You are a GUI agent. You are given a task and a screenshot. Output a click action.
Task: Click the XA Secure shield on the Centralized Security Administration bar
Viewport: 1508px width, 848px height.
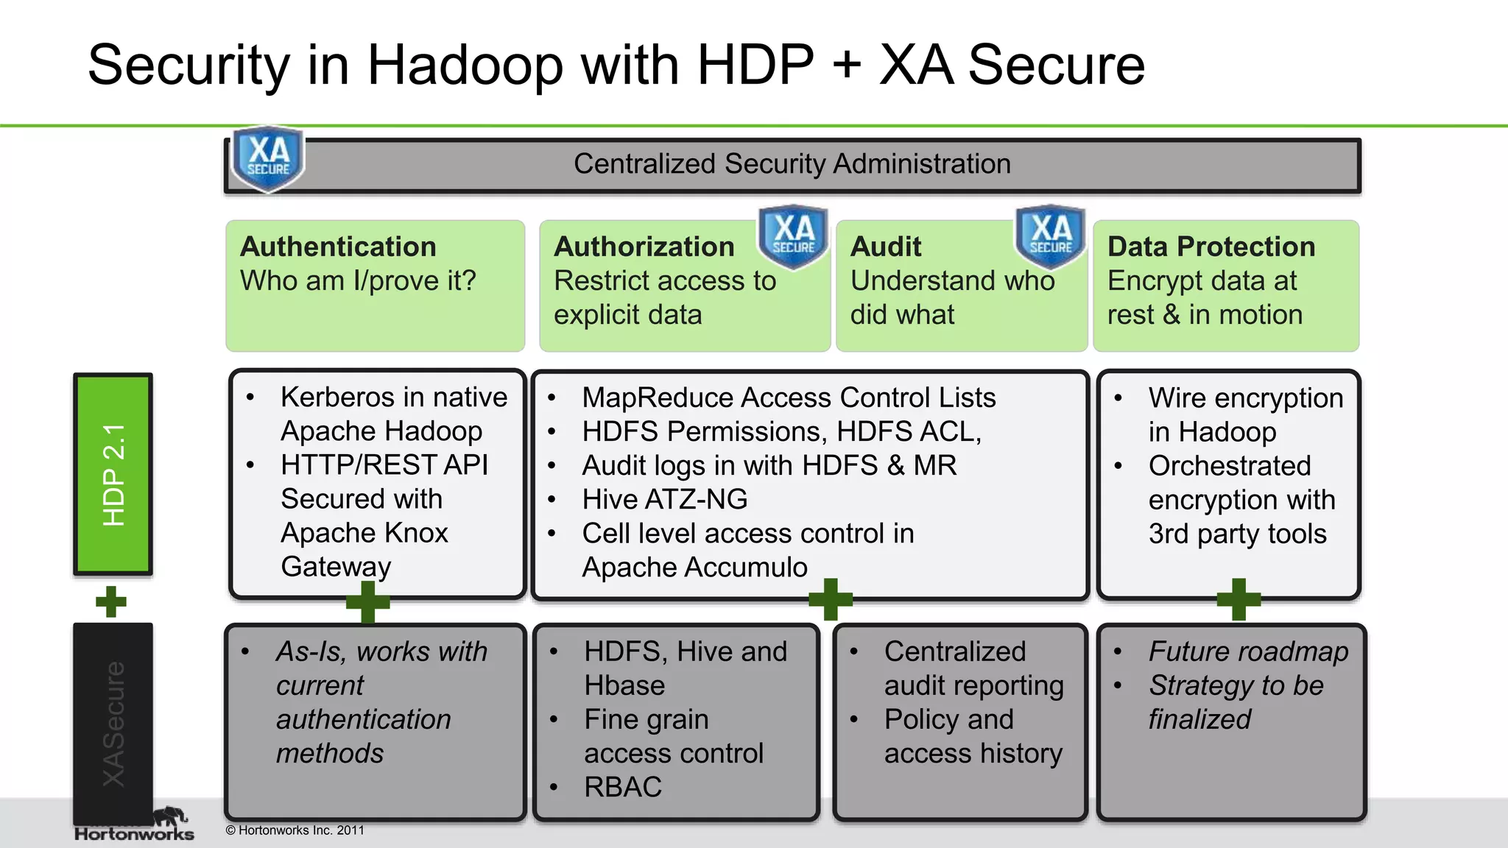[268, 159]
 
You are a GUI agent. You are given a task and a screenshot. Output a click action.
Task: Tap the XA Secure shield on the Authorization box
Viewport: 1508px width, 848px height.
[794, 236]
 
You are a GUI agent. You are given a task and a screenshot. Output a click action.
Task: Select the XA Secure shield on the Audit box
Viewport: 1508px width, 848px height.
[1051, 236]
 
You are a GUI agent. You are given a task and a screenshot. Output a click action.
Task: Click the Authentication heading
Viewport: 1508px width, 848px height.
[338, 247]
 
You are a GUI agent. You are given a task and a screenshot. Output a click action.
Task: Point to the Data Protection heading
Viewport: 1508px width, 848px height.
[1211, 247]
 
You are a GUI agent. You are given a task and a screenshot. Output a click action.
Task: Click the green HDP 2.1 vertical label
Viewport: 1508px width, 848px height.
[113, 474]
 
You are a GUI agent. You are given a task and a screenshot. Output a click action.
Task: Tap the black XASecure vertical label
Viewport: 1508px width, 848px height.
[113, 724]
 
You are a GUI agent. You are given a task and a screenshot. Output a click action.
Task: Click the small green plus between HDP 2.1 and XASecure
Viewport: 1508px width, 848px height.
[111, 601]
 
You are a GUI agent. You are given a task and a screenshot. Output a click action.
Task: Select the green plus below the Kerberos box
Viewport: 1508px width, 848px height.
[367, 601]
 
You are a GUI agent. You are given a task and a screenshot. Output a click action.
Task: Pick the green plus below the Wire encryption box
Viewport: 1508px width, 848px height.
[1239, 599]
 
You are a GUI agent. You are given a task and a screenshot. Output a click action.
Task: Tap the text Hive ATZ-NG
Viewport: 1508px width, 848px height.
[664, 500]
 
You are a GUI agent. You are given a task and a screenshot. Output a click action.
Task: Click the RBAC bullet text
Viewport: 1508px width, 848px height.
[623, 788]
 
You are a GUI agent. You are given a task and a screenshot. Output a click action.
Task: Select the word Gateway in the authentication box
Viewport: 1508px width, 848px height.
[336, 567]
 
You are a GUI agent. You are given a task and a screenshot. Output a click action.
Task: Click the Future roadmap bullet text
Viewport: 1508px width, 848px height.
[1248, 651]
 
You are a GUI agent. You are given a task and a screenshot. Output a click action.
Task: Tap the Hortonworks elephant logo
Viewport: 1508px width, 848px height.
[170, 817]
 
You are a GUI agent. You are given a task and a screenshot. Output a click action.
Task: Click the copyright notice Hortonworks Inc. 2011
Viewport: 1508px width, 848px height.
[295, 830]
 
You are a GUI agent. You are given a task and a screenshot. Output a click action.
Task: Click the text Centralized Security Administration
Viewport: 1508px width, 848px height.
[792, 164]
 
